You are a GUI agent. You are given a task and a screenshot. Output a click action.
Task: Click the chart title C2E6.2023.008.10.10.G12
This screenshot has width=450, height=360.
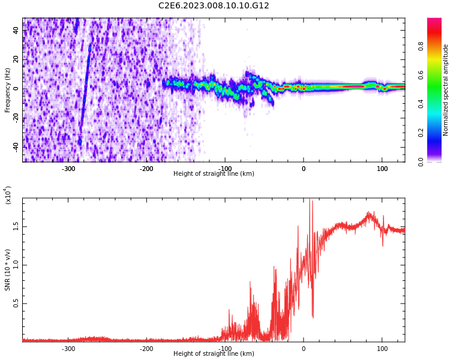click(x=214, y=6)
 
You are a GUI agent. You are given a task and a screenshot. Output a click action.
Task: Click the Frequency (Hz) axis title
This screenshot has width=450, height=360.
click(x=8, y=90)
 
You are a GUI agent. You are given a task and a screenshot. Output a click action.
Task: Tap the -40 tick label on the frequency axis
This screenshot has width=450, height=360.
click(x=16, y=146)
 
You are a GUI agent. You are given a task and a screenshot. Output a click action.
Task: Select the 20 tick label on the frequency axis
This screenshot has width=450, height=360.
click(x=16, y=60)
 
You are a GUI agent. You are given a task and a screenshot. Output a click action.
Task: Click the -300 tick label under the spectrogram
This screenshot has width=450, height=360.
click(x=68, y=169)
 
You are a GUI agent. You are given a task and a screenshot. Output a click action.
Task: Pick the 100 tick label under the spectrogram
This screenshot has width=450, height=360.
click(x=382, y=169)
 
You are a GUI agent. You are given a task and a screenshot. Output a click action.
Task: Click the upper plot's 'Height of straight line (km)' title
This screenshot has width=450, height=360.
click(x=214, y=174)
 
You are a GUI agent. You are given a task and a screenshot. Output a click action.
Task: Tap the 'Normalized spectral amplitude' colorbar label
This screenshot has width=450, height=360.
click(x=446, y=90)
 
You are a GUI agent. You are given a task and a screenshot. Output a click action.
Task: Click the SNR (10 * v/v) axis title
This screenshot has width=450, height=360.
click(x=8, y=270)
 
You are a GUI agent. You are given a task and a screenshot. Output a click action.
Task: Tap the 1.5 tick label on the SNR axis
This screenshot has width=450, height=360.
click(x=16, y=226)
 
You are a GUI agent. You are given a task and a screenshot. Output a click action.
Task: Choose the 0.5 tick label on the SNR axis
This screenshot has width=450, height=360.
click(x=16, y=304)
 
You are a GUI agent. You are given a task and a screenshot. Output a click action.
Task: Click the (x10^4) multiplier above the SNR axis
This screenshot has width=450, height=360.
click(x=8, y=194)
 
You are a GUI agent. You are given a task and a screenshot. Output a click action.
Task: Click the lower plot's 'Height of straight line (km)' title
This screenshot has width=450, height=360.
click(x=214, y=354)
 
